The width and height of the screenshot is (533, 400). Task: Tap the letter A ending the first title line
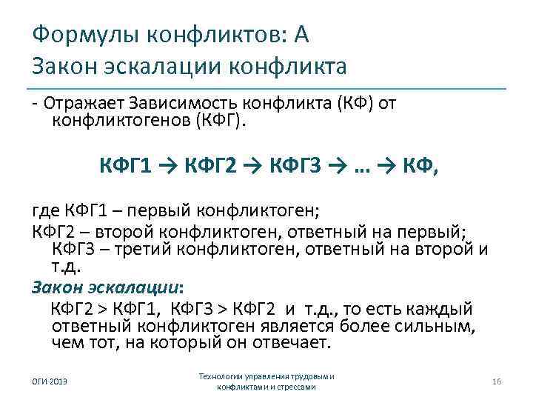point(303,33)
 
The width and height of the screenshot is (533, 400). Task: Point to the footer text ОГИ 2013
point(48,381)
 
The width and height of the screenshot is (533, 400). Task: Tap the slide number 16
point(497,381)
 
